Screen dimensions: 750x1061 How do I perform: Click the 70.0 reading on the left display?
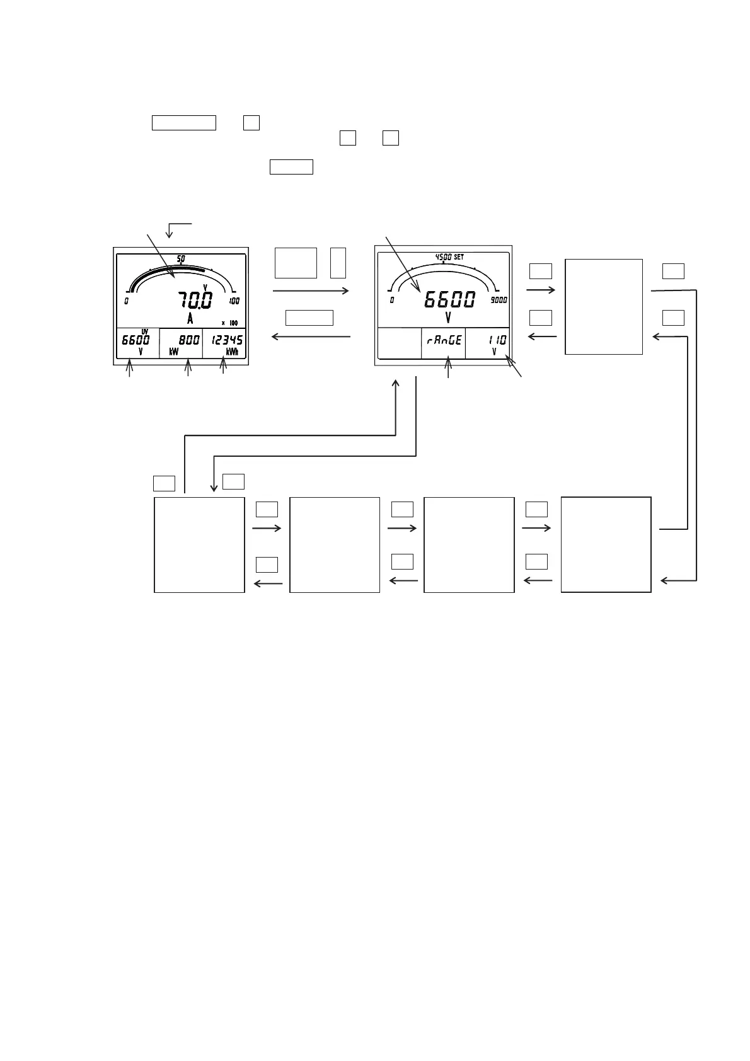pyautogui.click(x=195, y=300)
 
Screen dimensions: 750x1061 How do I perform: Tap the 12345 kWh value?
pyautogui.click(x=228, y=340)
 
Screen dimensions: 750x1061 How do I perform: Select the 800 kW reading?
pyautogui.click(x=189, y=340)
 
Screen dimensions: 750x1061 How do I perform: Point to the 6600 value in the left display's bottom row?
pyautogui.click(x=136, y=340)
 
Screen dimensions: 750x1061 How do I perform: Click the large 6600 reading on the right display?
pyautogui.click(x=449, y=300)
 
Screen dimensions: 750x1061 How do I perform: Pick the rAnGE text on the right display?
pyautogui.click(x=444, y=340)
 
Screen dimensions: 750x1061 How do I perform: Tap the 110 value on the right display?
pyautogui.click(x=497, y=340)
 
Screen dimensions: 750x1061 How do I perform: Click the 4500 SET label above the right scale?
pyautogui.click(x=449, y=257)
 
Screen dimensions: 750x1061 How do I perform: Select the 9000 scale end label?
pyautogui.click(x=499, y=300)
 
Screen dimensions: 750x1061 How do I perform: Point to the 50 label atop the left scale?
pyautogui.click(x=181, y=258)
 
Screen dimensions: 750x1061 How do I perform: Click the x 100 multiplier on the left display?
pyautogui.click(x=230, y=323)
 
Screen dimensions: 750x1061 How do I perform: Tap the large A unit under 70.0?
pyautogui.click(x=190, y=318)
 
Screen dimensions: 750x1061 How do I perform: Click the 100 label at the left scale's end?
pyautogui.click(x=234, y=301)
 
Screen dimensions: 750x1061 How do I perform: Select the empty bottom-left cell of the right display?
pyautogui.click(x=400, y=343)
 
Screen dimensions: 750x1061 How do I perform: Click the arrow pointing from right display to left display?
pyautogui.click(x=311, y=337)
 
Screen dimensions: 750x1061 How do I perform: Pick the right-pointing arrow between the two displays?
pyautogui.click(x=311, y=291)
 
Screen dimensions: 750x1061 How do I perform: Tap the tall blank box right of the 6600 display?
pyautogui.click(x=604, y=306)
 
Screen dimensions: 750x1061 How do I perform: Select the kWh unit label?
pyautogui.click(x=232, y=352)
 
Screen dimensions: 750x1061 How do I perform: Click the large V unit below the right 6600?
pyautogui.click(x=448, y=318)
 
